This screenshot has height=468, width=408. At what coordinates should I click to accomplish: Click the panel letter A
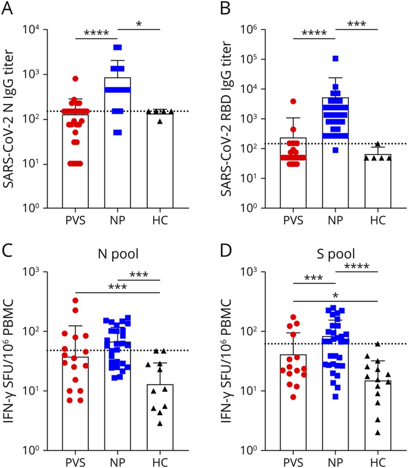[8, 8]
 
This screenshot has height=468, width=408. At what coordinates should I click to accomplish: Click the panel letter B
[225, 8]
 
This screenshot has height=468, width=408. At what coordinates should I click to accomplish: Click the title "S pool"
[336, 253]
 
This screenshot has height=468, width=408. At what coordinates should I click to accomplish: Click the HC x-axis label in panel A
[160, 221]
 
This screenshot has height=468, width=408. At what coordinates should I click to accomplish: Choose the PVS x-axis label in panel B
[293, 221]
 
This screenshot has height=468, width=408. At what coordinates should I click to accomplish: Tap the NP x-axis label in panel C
[117, 461]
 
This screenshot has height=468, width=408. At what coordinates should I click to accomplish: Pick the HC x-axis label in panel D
[378, 461]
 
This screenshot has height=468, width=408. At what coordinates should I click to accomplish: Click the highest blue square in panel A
[117, 47]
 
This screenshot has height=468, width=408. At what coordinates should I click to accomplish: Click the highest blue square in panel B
[335, 58]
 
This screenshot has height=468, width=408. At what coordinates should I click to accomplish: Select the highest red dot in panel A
[75, 79]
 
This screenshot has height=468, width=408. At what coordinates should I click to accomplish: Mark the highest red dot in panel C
[75, 301]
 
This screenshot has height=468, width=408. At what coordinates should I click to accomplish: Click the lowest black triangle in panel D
[378, 433]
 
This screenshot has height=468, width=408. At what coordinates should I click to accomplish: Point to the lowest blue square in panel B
[335, 150]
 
